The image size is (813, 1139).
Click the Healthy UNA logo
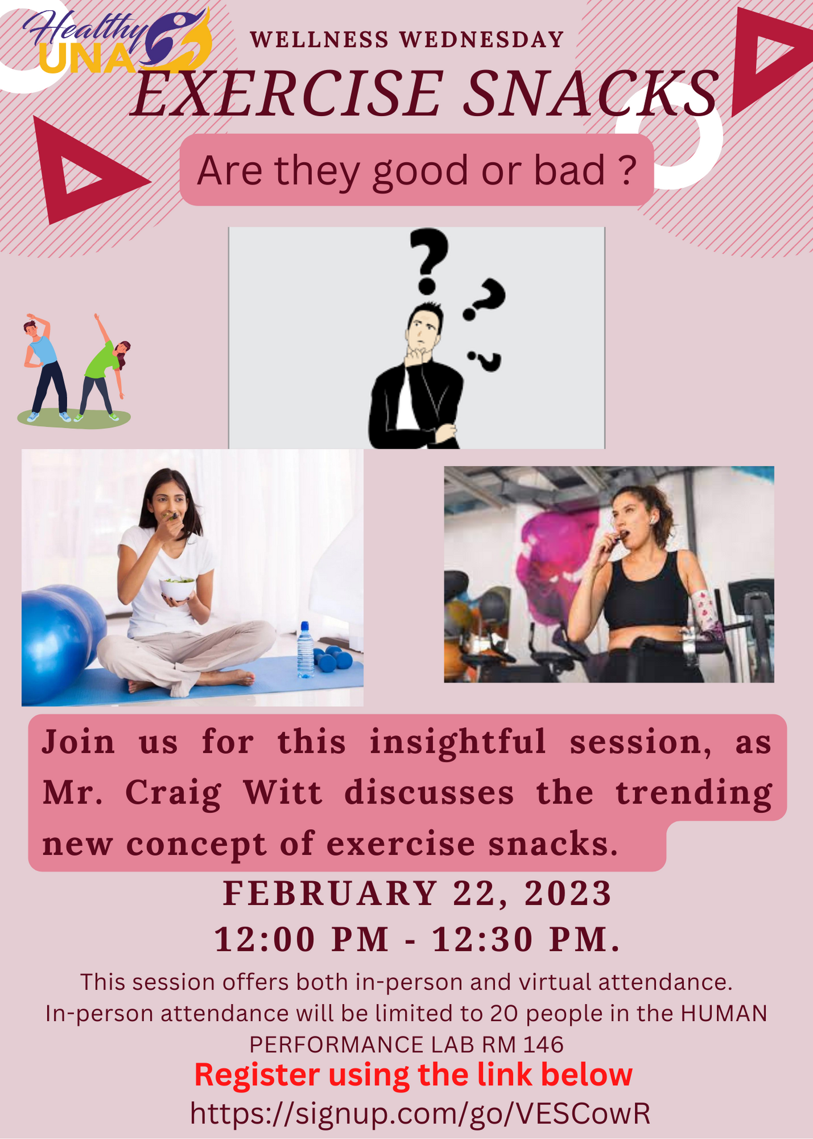[117, 42]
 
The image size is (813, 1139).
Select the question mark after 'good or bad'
[627, 170]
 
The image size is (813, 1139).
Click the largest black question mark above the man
[429, 261]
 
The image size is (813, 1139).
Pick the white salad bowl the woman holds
[177, 589]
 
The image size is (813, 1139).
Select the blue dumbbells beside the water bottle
[332, 658]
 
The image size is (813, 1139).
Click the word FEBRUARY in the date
[330, 893]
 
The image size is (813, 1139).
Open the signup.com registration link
[420, 1113]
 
